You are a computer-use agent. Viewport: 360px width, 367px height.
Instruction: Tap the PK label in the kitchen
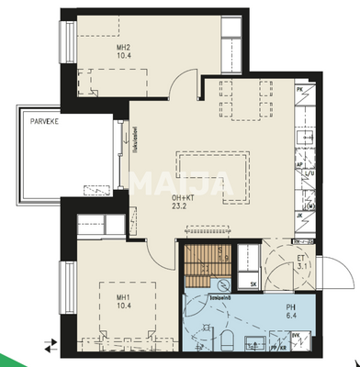300,89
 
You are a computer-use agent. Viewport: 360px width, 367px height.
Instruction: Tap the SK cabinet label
253,284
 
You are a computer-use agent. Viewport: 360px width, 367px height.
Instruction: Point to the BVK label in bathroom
297,338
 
